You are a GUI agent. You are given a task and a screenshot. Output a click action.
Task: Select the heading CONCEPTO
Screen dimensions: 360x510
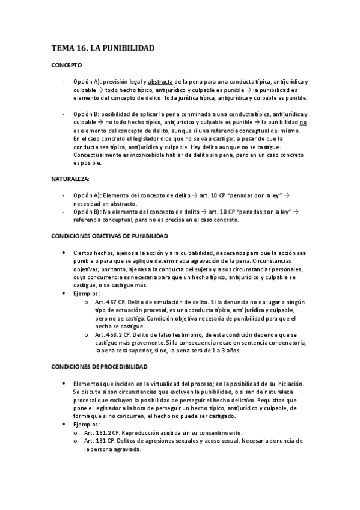point(66,64)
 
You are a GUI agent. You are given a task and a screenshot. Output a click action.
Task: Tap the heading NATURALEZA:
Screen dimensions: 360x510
point(70,179)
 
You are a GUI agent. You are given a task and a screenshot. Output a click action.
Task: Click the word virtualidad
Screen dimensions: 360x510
point(156,383)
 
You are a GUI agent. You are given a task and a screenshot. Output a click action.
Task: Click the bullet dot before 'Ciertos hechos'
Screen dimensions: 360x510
point(64,253)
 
